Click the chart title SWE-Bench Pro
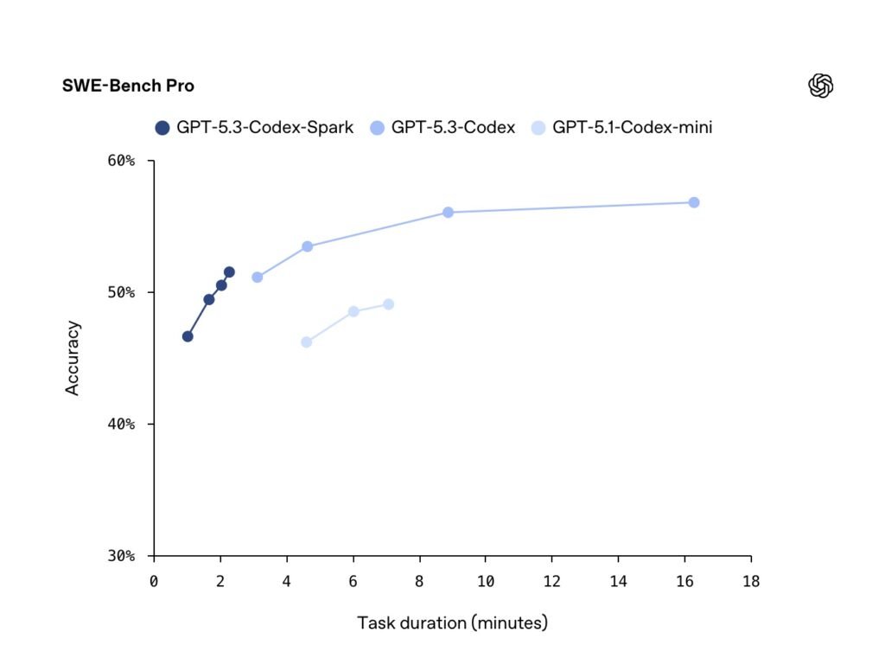pyautogui.click(x=128, y=86)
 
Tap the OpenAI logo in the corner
pyautogui.click(x=820, y=86)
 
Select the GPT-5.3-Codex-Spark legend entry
pyautogui.click(x=254, y=128)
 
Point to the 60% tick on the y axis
pyautogui.click(x=121, y=161)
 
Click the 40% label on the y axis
pyautogui.click(x=121, y=424)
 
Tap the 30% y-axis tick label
pyautogui.click(x=121, y=555)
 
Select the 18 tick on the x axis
pyautogui.click(x=751, y=581)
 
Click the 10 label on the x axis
pyautogui.click(x=486, y=581)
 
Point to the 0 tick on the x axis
pyautogui.click(x=154, y=581)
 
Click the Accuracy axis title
pyautogui.click(x=73, y=358)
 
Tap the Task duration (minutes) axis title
pyautogui.click(x=452, y=622)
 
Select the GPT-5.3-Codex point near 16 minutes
pyautogui.click(x=693, y=202)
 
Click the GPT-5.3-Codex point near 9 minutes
pyautogui.click(x=448, y=212)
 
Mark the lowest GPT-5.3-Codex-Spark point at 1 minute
pyautogui.click(x=188, y=336)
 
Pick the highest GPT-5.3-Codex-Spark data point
pyautogui.click(x=229, y=271)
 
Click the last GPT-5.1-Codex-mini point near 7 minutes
pyautogui.click(x=388, y=304)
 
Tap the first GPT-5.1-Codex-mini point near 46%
pyautogui.click(x=306, y=342)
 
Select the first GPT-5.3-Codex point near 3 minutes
pyautogui.click(x=257, y=278)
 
